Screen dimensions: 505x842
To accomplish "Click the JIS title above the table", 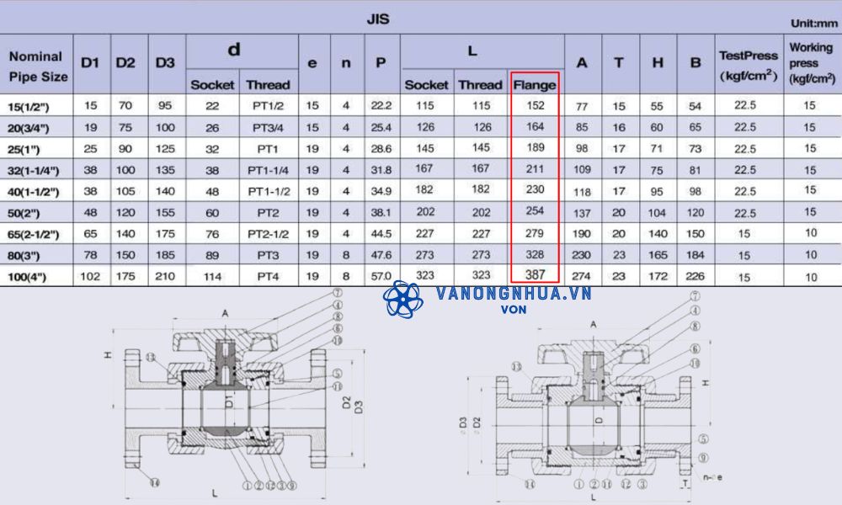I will (378, 19).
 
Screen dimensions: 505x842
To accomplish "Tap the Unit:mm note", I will (813, 24).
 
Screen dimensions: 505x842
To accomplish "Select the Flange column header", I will (534, 85).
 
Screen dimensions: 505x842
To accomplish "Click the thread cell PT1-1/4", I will (268, 170).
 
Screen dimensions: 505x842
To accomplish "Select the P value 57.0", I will (381, 276).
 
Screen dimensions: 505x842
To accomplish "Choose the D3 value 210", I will (165, 276).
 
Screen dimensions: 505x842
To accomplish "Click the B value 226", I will (695, 276).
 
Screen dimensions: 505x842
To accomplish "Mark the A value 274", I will (582, 276).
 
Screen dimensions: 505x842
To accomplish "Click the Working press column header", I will (810, 62).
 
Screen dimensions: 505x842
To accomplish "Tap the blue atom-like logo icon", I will (402, 300).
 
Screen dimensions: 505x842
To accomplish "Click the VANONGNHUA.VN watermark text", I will (514, 294).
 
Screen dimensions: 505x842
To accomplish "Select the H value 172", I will (658, 276).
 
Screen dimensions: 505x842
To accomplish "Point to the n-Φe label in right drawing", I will (711, 476).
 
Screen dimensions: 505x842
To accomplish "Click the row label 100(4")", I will (31, 276).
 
